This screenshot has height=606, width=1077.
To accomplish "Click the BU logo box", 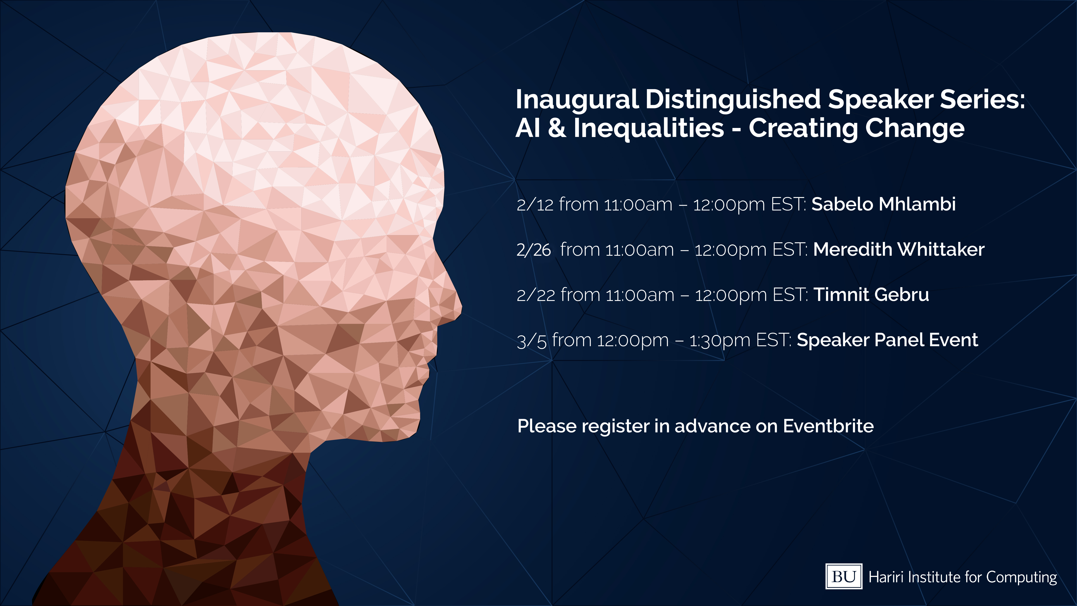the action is tap(843, 576).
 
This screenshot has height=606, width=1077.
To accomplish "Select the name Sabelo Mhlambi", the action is tap(883, 204).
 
